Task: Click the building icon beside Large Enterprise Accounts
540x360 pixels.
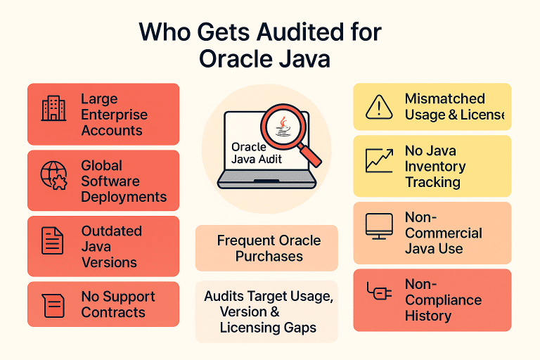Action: coord(54,109)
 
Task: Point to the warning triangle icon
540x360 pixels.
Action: coord(379,107)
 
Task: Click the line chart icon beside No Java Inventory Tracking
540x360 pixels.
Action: coord(379,160)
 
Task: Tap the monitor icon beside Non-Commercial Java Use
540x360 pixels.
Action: coord(379,226)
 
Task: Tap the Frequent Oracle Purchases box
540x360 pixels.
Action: coord(268,247)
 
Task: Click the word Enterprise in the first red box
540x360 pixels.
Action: coord(114,115)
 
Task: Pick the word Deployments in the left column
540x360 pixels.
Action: coord(124,197)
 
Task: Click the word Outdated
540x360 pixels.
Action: coord(111,231)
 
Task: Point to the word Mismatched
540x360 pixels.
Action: coord(444,99)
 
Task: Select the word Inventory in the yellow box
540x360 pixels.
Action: coord(435,167)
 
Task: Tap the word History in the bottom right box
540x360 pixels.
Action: coord(427,316)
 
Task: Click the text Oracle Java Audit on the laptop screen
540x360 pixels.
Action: coord(255,153)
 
